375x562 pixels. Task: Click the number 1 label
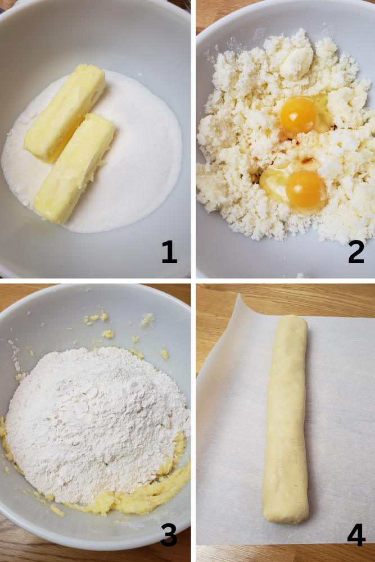coord(169,253)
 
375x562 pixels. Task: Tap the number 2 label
coord(356,253)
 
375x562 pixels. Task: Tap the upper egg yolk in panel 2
coord(299,115)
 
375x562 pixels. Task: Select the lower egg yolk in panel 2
coord(305,190)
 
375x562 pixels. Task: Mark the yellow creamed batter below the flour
coord(152,495)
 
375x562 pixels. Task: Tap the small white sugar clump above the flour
coord(147,320)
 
